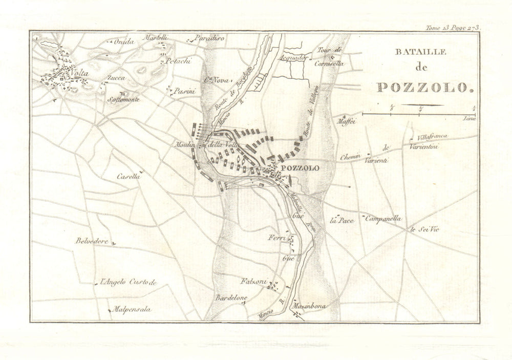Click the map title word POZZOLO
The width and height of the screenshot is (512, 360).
click(423, 87)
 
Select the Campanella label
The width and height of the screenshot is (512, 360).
click(383, 219)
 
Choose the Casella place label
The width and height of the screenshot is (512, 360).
click(128, 176)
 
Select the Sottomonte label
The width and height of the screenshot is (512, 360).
click(123, 99)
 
